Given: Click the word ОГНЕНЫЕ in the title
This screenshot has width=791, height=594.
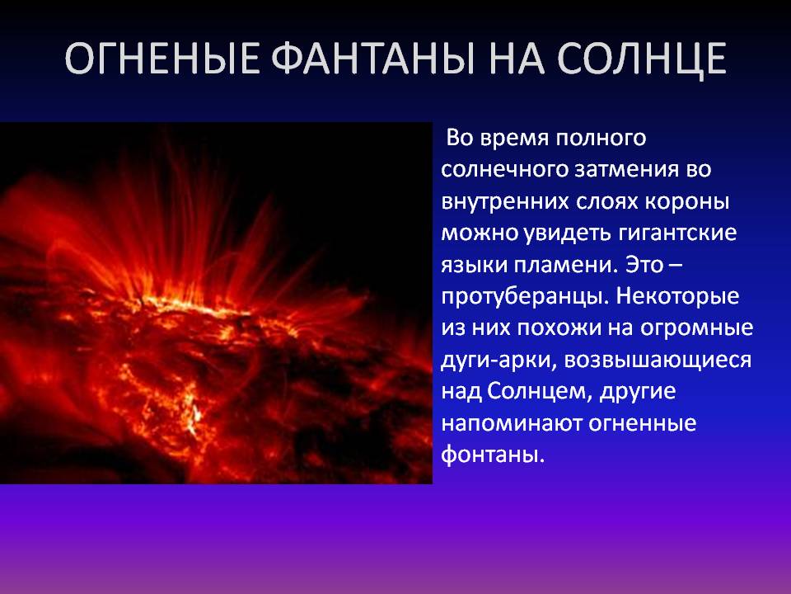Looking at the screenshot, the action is click(x=162, y=59).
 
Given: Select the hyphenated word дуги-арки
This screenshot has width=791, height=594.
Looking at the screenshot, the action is click(x=498, y=361).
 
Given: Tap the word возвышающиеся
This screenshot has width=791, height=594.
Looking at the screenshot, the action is click(x=658, y=361).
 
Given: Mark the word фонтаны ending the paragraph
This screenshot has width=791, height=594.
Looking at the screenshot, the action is click(x=494, y=454).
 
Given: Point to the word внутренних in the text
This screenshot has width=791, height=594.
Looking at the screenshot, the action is click(x=503, y=202).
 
